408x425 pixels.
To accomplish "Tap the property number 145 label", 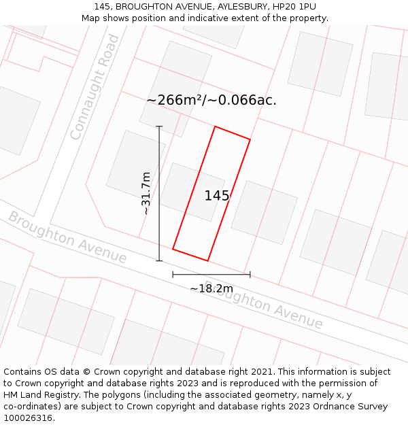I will coord(217,196).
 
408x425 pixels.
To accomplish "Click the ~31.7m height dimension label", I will coord(146,193).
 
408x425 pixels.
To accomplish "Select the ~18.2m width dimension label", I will coord(211,288).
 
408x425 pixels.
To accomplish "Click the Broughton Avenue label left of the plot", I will coord(67,238).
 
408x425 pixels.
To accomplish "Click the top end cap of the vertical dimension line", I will coord(159,126).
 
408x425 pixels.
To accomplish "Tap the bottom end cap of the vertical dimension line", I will coord(159,260).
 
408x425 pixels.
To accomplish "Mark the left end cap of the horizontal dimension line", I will coord(173,275).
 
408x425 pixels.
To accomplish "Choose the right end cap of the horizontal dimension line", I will coord(250,275).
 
